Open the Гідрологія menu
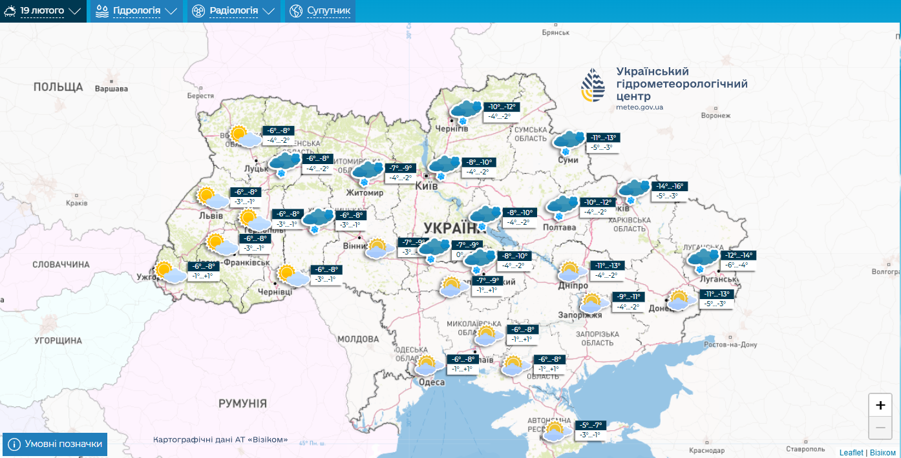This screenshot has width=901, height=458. coord(136,11)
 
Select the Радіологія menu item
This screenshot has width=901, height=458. coord(233,11)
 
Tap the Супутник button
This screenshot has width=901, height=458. coord(321,11)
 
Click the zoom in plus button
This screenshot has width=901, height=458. coord(880,405)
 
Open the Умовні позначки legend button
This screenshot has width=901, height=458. coord(55,444)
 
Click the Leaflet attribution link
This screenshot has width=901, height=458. coord(851,452)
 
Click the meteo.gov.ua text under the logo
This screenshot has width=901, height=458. coord(639,107)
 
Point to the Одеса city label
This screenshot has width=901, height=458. coord(432,382)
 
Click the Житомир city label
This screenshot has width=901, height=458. coord(365,193)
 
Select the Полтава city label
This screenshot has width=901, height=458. coord(560,227)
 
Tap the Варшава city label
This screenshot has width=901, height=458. coord(111,88)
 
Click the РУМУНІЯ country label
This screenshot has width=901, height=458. coord(242,404)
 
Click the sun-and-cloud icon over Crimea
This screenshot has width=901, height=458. coord(554,432)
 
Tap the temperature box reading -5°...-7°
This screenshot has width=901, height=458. coord(590,425)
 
